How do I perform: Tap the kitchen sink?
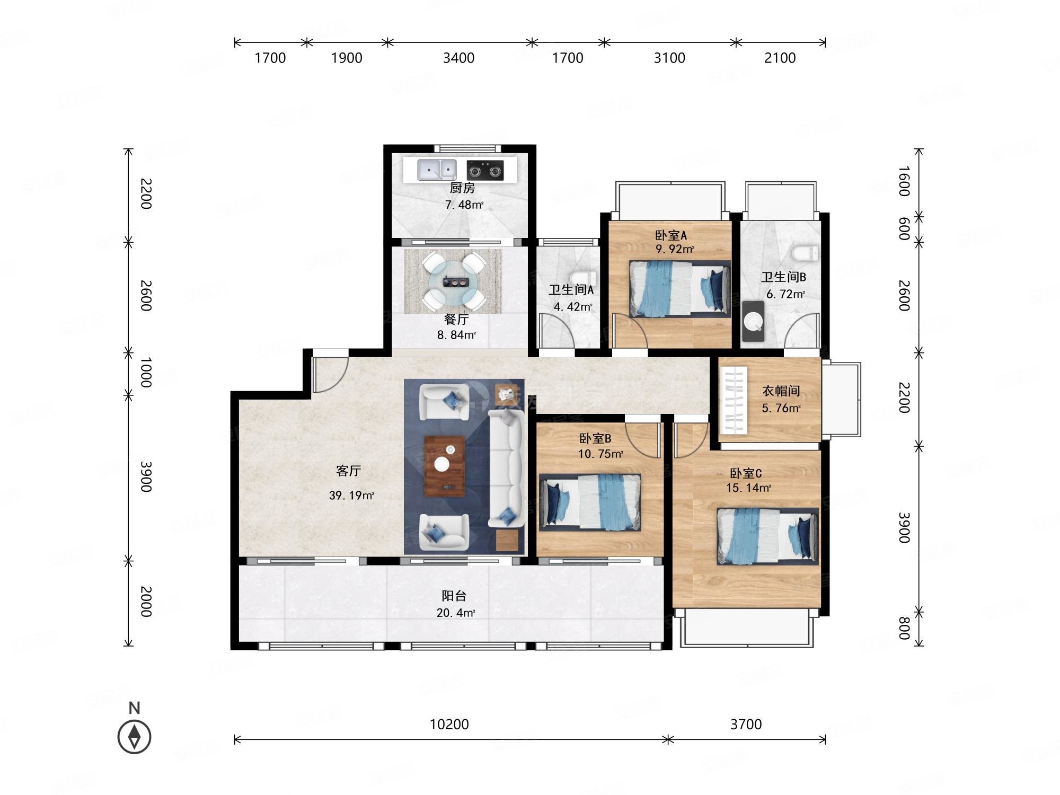coord(437,170)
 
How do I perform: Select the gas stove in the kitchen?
coord(485,171)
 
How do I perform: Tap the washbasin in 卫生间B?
coord(753,321)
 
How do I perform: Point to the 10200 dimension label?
coord(449,724)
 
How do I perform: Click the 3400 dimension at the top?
coord(458,58)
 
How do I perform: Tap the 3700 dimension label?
coord(746,724)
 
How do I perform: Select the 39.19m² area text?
coord(351,496)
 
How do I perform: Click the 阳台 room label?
coord(454,596)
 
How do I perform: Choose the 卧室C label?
coord(746,473)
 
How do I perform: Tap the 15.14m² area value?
coord(748,488)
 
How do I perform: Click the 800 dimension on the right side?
coord(904,629)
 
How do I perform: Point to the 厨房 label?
coord(462,188)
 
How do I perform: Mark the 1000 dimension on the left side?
coord(146,372)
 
